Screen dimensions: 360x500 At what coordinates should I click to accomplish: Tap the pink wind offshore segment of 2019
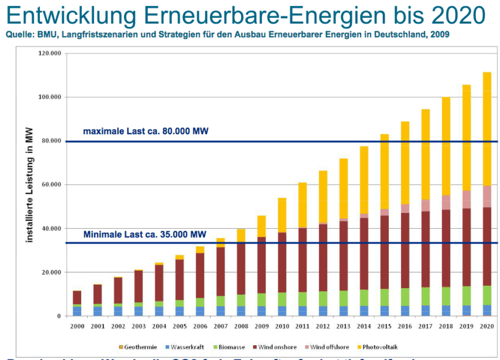(466, 199)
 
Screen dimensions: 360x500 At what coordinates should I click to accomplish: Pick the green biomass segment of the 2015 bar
(384, 297)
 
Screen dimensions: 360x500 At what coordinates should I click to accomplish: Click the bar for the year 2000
(77, 303)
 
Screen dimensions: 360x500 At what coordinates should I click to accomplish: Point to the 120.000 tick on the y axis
(51, 54)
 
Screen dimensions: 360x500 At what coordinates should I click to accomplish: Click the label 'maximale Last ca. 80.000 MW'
(146, 131)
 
